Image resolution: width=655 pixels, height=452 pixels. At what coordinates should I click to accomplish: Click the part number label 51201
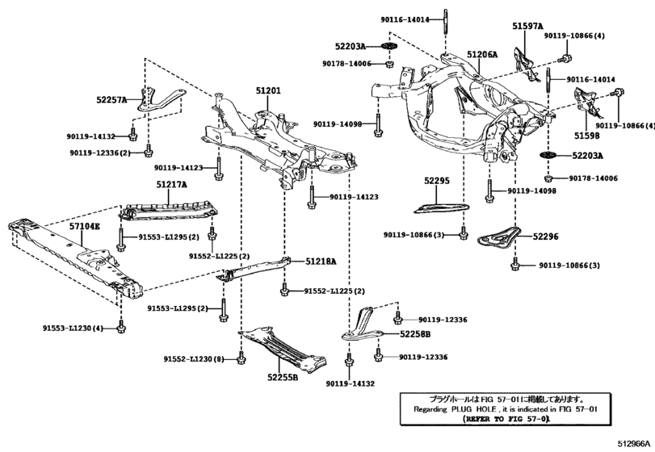tap(268, 92)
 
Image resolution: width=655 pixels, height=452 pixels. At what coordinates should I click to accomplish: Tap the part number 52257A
tap(111, 100)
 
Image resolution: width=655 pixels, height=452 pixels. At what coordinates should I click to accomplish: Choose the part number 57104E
tap(84, 228)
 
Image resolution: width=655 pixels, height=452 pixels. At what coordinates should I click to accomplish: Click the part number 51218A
tap(321, 262)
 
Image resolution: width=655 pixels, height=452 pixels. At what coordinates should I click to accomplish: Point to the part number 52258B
tap(415, 333)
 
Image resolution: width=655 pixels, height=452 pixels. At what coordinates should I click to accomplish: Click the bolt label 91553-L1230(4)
tap(73, 328)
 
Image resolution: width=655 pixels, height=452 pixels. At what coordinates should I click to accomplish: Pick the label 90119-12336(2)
tap(99, 152)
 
